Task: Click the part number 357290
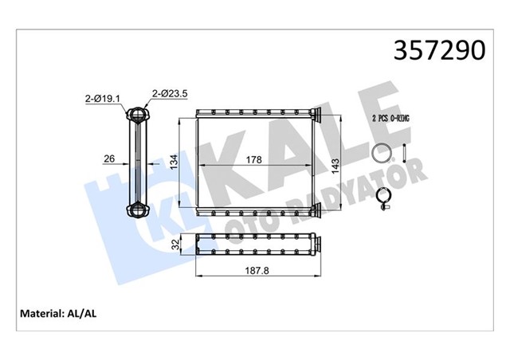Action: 439,51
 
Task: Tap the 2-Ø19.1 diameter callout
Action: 103,99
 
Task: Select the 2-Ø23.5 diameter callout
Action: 170,94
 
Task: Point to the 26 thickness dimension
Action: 109,158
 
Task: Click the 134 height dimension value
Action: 175,162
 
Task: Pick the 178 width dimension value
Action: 253,159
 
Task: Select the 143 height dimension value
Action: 335,166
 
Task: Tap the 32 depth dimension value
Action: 175,245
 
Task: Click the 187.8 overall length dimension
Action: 257,270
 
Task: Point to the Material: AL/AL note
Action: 58,314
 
